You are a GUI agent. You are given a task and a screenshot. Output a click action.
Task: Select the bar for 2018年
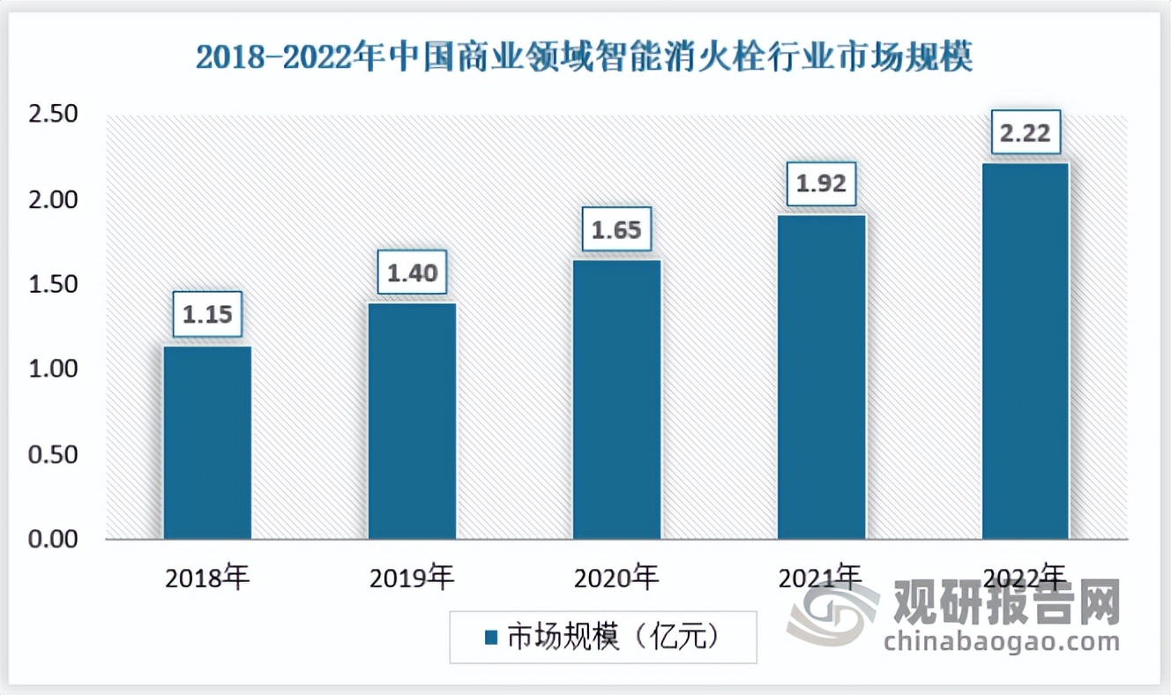coord(207,442)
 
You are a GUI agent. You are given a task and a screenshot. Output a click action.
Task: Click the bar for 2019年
coord(412,421)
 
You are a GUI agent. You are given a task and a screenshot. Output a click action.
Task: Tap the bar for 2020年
coord(616,399)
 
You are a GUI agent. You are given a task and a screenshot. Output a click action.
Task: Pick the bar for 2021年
coord(821,377)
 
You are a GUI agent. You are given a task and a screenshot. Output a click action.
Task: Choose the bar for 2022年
coord(1026,351)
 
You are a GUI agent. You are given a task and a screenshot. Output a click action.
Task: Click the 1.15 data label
coord(206,316)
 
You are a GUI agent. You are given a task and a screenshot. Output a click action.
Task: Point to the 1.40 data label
coord(412,273)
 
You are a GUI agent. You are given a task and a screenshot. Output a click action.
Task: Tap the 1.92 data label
coord(821,184)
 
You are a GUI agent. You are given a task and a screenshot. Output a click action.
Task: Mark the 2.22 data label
coord(1026,133)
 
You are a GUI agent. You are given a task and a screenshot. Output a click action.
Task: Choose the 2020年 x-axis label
coord(616,579)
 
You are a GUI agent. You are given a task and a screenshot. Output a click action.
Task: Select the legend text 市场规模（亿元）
coord(614,637)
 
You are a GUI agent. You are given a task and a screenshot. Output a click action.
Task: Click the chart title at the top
coord(584,58)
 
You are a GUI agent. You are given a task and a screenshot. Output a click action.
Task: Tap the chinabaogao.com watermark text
coord(1001,641)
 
